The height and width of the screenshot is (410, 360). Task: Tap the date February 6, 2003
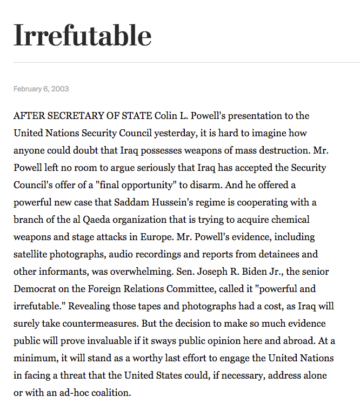pos(41,89)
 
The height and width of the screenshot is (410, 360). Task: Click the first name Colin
pos(166,116)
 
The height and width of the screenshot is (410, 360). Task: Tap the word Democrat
pos(35,289)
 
